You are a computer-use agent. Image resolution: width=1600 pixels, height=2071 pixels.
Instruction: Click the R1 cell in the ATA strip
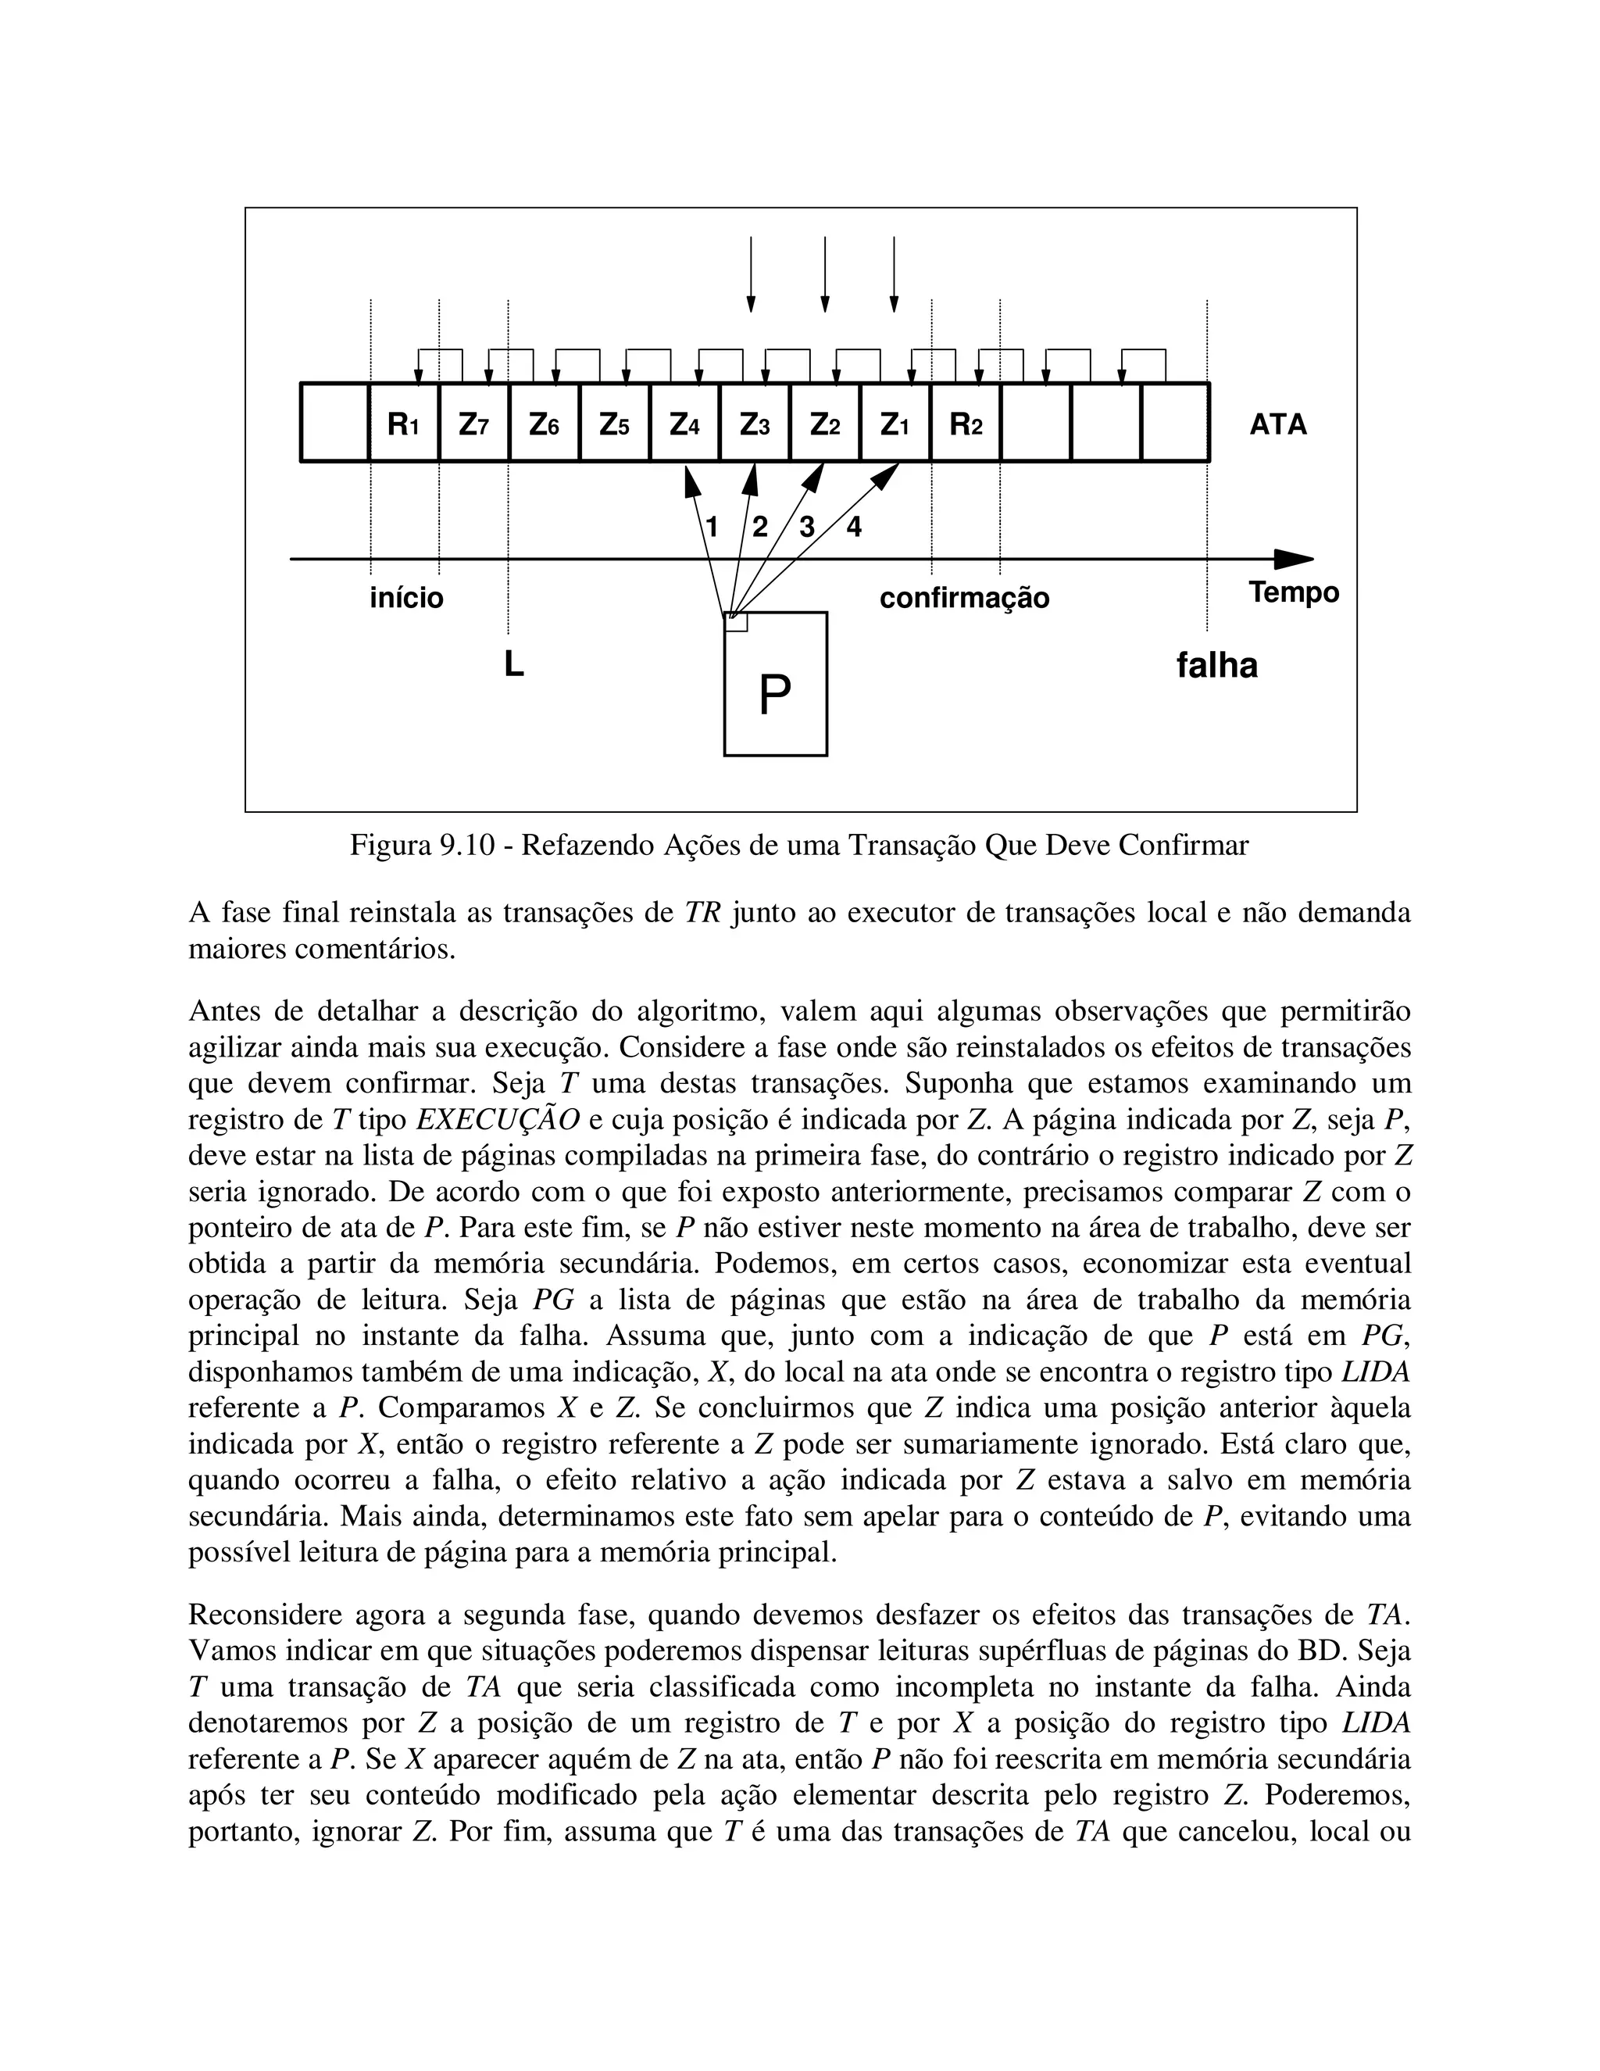404,424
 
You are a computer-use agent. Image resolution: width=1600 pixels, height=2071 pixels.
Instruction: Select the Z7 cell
474,424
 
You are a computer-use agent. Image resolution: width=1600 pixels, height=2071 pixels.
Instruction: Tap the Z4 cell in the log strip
684,424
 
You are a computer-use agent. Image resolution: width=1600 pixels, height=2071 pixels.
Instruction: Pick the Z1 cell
895,424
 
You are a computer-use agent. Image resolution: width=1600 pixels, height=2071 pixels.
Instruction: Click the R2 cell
966,424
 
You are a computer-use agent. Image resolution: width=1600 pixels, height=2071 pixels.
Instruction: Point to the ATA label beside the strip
1277,424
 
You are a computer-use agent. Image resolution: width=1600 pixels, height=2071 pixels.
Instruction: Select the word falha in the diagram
1216,665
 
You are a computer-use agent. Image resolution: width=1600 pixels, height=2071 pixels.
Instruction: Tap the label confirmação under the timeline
964,599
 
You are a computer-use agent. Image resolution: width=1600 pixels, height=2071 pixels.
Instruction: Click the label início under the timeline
405,599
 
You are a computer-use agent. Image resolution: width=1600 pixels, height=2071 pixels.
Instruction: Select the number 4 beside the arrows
854,528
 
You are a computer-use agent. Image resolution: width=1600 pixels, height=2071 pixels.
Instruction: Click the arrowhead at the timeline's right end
1295,560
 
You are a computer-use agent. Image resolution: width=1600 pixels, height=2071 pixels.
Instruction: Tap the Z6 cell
544,424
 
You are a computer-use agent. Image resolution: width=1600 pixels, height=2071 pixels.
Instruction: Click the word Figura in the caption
391,845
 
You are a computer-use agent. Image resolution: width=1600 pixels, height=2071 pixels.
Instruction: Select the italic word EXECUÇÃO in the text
498,1120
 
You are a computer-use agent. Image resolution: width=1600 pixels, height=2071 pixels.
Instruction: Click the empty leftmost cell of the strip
334,424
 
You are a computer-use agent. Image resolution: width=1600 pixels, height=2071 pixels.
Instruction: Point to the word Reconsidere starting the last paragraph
265,1615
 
